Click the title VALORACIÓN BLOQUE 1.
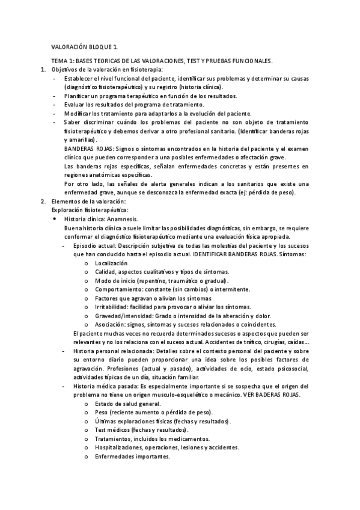pyautogui.click(x=84, y=47)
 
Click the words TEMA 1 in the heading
pyautogui.click(x=61, y=61)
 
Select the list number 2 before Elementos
pyautogui.click(x=42, y=201)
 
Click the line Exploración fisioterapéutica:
pyautogui.click(x=90, y=210)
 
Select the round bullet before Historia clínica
pyautogui.click(x=55, y=220)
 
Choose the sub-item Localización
pyautogui.click(x=111, y=263)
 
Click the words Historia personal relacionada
pyautogui.click(x=112, y=351)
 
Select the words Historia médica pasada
pyautogui.click(x=105, y=386)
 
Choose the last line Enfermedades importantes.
pyautogui.click(x=132, y=456)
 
